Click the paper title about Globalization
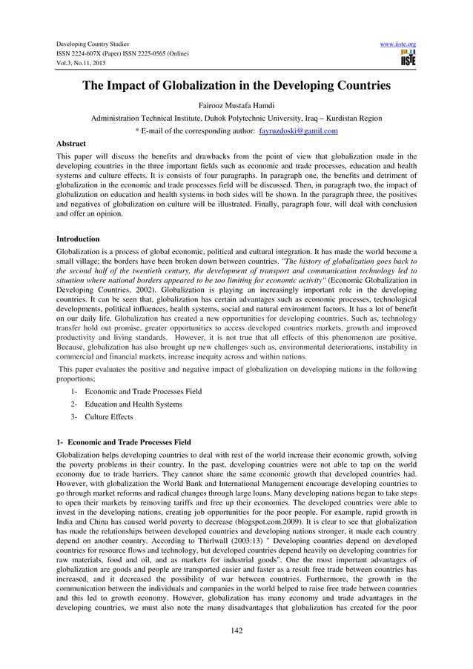point(236,86)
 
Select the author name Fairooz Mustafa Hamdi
point(236,105)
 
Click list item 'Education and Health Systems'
point(133,404)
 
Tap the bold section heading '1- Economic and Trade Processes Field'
point(124,442)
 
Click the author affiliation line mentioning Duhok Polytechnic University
point(236,119)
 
